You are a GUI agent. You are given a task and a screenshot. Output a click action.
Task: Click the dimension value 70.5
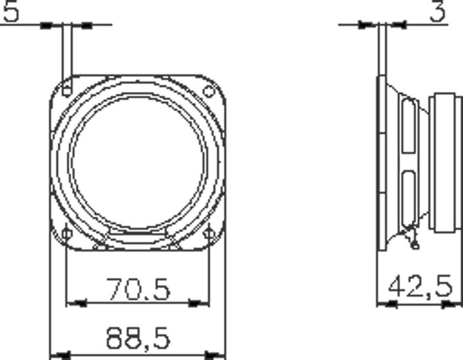[x=138, y=289]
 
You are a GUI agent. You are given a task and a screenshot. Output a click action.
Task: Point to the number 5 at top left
[x=10, y=12]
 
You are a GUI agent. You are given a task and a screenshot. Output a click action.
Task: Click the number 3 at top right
[x=437, y=12]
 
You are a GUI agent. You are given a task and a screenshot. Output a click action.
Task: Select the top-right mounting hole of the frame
[x=208, y=91]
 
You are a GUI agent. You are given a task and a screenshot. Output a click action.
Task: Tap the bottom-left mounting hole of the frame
[x=66, y=233]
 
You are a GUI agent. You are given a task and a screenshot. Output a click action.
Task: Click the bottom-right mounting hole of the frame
[x=209, y=233]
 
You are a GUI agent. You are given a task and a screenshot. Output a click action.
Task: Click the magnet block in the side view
[x=445, y=162]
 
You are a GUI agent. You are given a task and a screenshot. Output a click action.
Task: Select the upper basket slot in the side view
[x=408, y=125]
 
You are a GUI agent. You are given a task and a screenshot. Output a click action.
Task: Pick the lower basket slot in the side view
[x=408, y=199]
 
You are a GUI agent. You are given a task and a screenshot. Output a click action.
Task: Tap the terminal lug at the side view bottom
[x=413, y=243]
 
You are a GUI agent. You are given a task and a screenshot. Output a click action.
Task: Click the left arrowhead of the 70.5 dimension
[x=76, y=303]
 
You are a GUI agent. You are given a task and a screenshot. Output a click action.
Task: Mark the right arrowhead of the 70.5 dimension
[x=199, y=303]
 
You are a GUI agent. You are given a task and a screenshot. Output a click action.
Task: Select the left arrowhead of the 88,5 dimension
[x=60, y=354]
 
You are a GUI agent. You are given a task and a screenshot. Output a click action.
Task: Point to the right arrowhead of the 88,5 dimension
[x=215, y=354]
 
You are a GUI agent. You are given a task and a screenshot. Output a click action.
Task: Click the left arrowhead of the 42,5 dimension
[x=386, y=303]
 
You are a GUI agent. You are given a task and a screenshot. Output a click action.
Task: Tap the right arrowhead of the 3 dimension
[x=399, y=26]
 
